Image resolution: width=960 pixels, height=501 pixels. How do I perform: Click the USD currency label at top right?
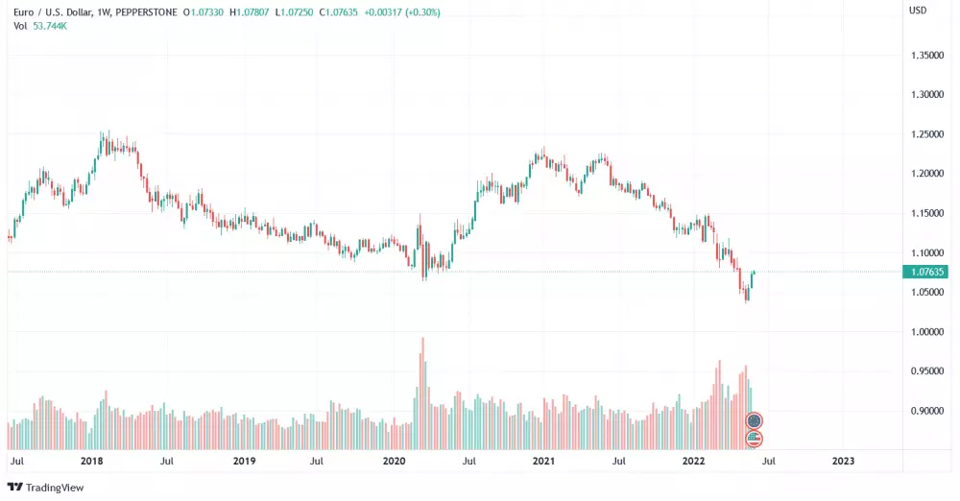[x=918, y=11]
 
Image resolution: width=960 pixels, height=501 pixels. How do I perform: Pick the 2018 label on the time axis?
[x=92, y=461]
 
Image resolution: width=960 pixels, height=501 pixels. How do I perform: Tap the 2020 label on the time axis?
[x=394, y=461]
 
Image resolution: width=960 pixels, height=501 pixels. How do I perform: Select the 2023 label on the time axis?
[x=843, y=461]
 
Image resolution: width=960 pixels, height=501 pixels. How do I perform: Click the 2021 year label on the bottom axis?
[x=544, y=461]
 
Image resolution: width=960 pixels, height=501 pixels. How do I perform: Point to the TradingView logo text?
[x=48, y=488]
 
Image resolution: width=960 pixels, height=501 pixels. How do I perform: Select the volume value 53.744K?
[x=49, y=25]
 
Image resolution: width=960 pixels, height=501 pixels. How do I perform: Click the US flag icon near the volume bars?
[x=755, y=439]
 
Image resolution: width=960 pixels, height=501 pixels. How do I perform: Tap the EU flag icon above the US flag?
[x=755, y=420]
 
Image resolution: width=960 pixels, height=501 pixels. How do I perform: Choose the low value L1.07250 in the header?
[x=300, y=12]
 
